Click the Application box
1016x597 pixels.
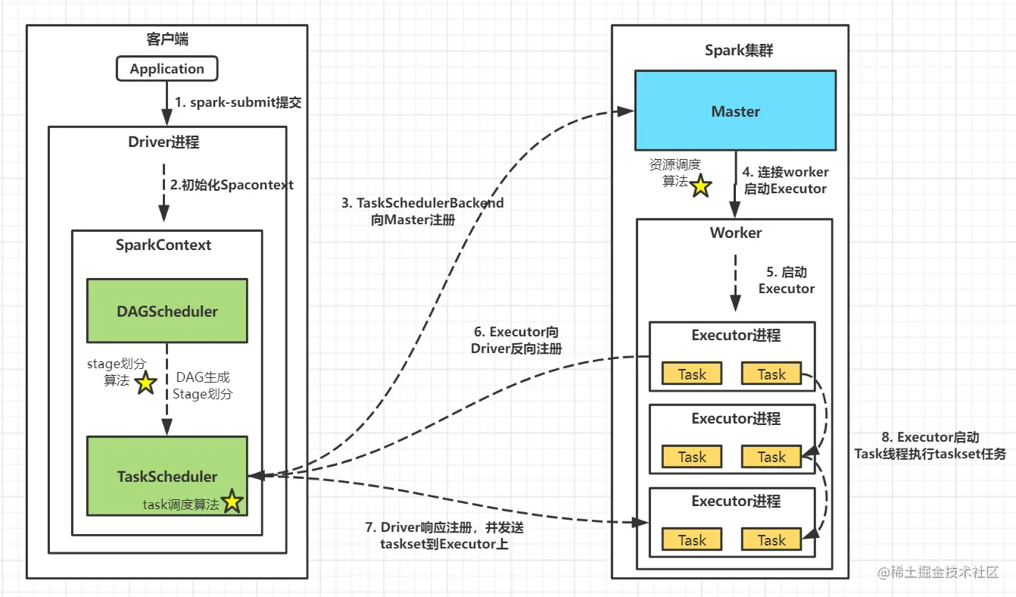(167, 69)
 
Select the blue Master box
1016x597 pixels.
(735, 111)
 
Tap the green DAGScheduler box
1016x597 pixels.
(167, 311)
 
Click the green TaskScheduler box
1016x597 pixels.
(167, 477)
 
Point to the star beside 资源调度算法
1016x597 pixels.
(700, 185)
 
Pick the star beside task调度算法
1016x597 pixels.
(232, 502)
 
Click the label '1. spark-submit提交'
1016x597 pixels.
(238, 102)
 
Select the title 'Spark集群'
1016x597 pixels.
(739, 51)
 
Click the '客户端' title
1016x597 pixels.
(167, 39)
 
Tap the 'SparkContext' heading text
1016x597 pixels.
(164, 245)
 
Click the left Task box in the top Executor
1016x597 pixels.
(692, 374)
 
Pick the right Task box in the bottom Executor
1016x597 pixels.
(771, 540)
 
